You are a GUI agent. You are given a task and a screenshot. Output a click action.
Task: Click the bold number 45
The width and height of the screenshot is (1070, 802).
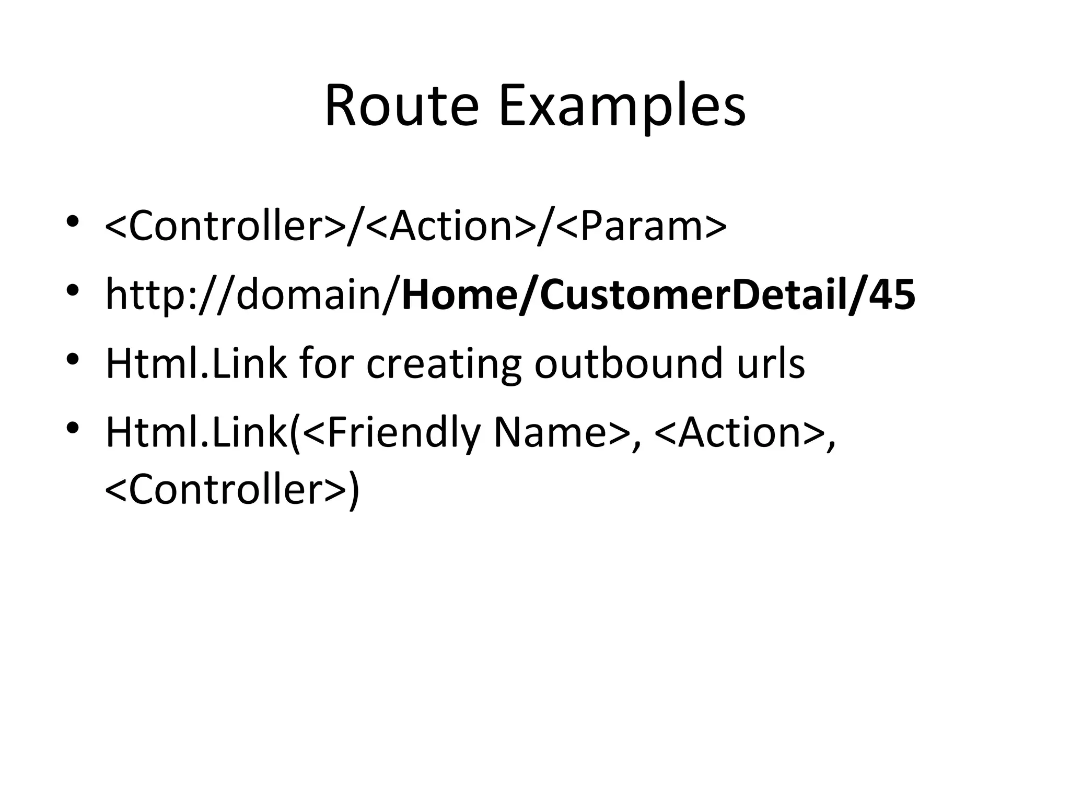click(892, 295)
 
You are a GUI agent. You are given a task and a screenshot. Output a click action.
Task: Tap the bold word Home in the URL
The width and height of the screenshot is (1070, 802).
click(458, 295)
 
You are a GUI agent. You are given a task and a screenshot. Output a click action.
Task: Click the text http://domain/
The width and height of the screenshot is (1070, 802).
click(253, 295)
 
